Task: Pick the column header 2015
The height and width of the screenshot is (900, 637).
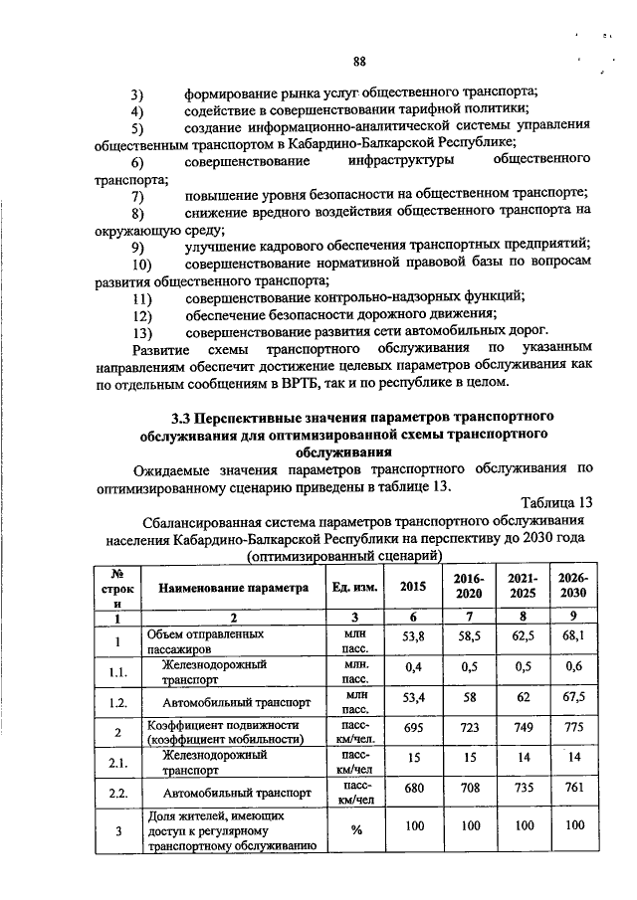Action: [411, 587]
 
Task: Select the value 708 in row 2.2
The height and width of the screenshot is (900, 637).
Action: [464, 795]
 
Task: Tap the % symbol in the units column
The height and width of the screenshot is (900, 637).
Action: [351, 830]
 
